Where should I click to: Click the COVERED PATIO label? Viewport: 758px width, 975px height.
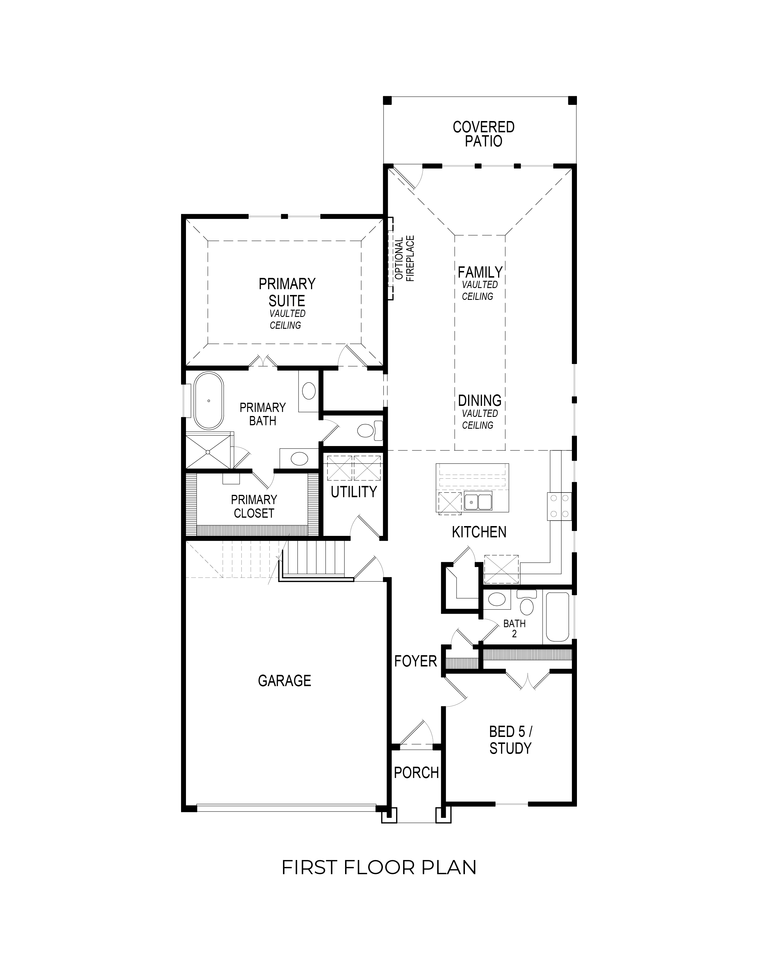tap(484, 134)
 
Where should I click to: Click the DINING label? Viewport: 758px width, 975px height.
tap(480, 400)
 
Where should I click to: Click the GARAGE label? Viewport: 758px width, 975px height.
tap(285, 680)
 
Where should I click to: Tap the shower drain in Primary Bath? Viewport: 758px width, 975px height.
tap(208, 452)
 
